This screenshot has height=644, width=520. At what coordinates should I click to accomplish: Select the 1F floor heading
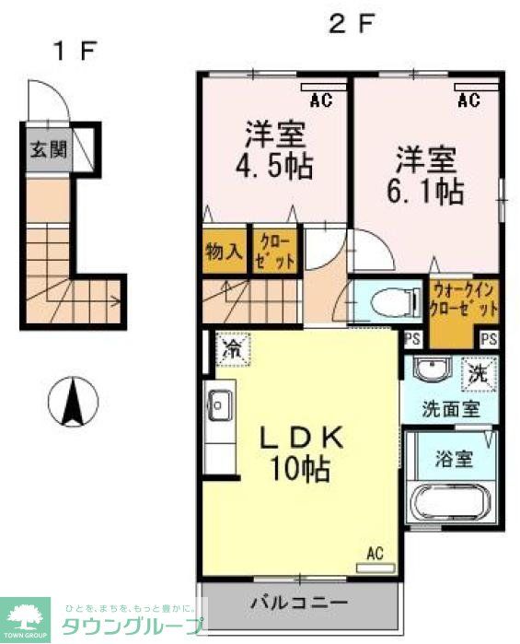coord(74,52)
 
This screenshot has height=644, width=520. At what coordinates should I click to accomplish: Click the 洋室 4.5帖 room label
coord(275,151)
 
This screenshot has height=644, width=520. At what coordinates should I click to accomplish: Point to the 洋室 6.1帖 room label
coord(428,174)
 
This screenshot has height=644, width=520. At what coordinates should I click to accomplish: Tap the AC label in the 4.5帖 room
coord(321,100)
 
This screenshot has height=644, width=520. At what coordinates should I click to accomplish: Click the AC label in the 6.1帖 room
coord(468,100)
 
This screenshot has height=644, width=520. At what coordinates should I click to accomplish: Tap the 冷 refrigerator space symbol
coord(232,349)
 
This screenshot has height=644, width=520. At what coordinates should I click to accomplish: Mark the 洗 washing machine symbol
coord(479,373)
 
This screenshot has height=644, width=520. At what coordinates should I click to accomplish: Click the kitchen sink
coord(220,403)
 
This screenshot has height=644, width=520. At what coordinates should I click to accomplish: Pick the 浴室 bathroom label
coord(454,457)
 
